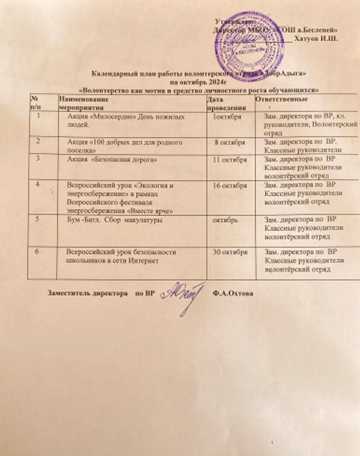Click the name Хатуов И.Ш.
coord(318,39)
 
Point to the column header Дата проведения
coord(222,101)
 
